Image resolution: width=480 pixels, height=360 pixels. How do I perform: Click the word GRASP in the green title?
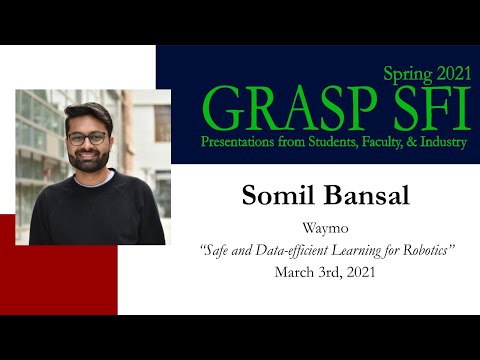tap(264, 107)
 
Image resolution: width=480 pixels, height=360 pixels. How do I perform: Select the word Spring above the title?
tap(408, 72)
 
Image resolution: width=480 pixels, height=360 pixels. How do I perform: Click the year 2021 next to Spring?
tap(449, 72)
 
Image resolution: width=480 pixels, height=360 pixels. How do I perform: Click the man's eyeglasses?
tap(89, 138)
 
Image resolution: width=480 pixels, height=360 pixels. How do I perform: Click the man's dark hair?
tap(87, 113)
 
